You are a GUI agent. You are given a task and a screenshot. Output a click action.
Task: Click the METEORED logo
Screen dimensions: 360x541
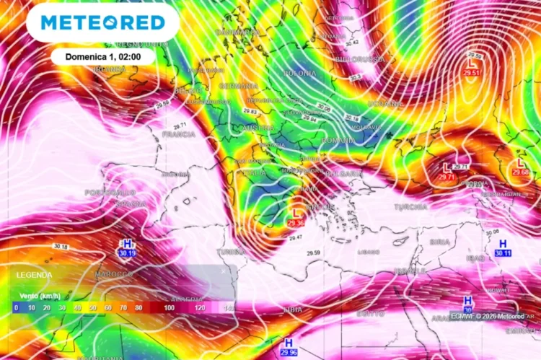pos(102,22)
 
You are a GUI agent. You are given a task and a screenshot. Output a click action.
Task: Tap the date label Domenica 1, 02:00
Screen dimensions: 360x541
pos(103,56)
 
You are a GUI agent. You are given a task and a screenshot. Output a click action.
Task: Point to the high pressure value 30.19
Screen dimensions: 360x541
pos(127,253)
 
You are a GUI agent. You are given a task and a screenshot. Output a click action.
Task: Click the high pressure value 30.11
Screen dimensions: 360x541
pos(503,253)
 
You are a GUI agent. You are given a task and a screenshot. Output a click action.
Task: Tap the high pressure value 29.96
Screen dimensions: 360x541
pos(289,351)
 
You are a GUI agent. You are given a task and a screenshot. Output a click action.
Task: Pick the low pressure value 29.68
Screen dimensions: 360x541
pos(520,172)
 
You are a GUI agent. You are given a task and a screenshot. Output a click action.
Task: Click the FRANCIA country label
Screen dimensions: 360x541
pos(179,134)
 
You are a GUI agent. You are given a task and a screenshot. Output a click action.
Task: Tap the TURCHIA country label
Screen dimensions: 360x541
pos(410,207)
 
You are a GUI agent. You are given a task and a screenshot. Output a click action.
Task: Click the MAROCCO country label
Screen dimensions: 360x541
pos(114,275)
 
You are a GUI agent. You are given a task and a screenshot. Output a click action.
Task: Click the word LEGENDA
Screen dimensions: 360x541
pos(34,275)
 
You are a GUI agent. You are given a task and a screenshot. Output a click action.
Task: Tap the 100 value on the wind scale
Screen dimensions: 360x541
pos(169,307)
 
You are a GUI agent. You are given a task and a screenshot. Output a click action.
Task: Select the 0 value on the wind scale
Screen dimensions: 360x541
pos(16,307)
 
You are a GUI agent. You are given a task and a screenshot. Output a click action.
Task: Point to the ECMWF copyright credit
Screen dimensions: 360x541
pos(488,315)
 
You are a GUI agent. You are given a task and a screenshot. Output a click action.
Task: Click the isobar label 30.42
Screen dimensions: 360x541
pos(353,43)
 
